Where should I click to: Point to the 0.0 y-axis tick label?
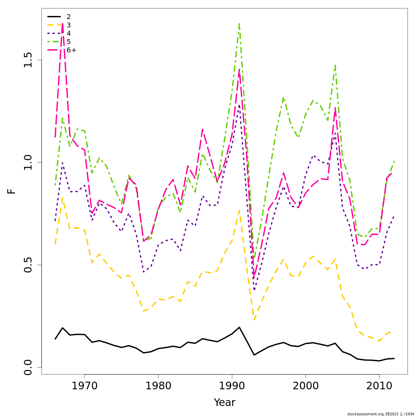pos(28,367)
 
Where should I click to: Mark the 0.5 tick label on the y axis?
pos(28,265)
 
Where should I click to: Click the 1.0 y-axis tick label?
pos(28,163)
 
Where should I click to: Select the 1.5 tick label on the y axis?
pos(28,60)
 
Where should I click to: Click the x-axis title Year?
pos(224,402)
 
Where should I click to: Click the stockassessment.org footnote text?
pos(380,414)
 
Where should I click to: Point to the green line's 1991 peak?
pos(239,24)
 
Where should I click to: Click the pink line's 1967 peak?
pos(62,24)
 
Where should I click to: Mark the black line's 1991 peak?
pos(239,327)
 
